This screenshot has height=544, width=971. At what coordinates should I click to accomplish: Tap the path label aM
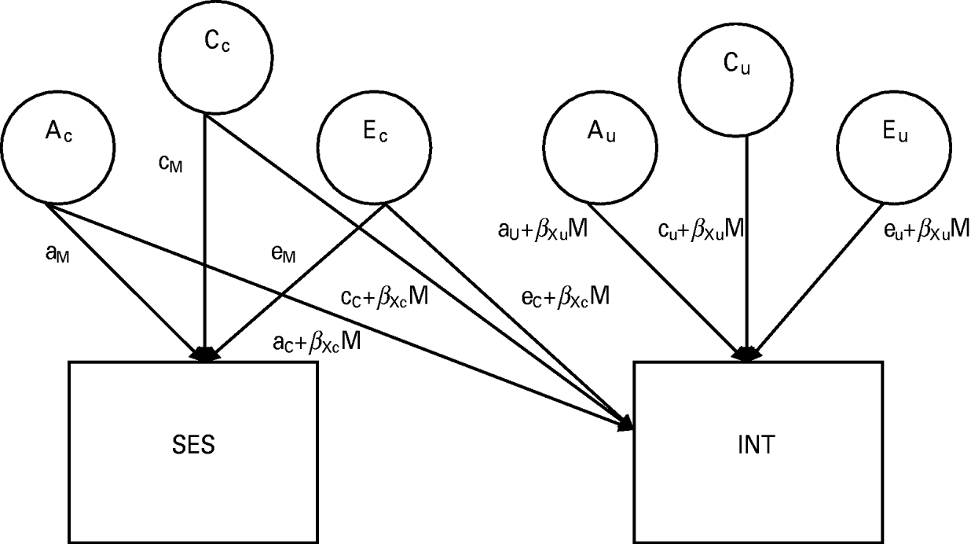tap(59, 256)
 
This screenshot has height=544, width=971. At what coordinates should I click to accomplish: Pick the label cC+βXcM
tap(384, 298)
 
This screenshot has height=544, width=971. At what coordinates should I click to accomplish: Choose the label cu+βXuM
tap(701, 230)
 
